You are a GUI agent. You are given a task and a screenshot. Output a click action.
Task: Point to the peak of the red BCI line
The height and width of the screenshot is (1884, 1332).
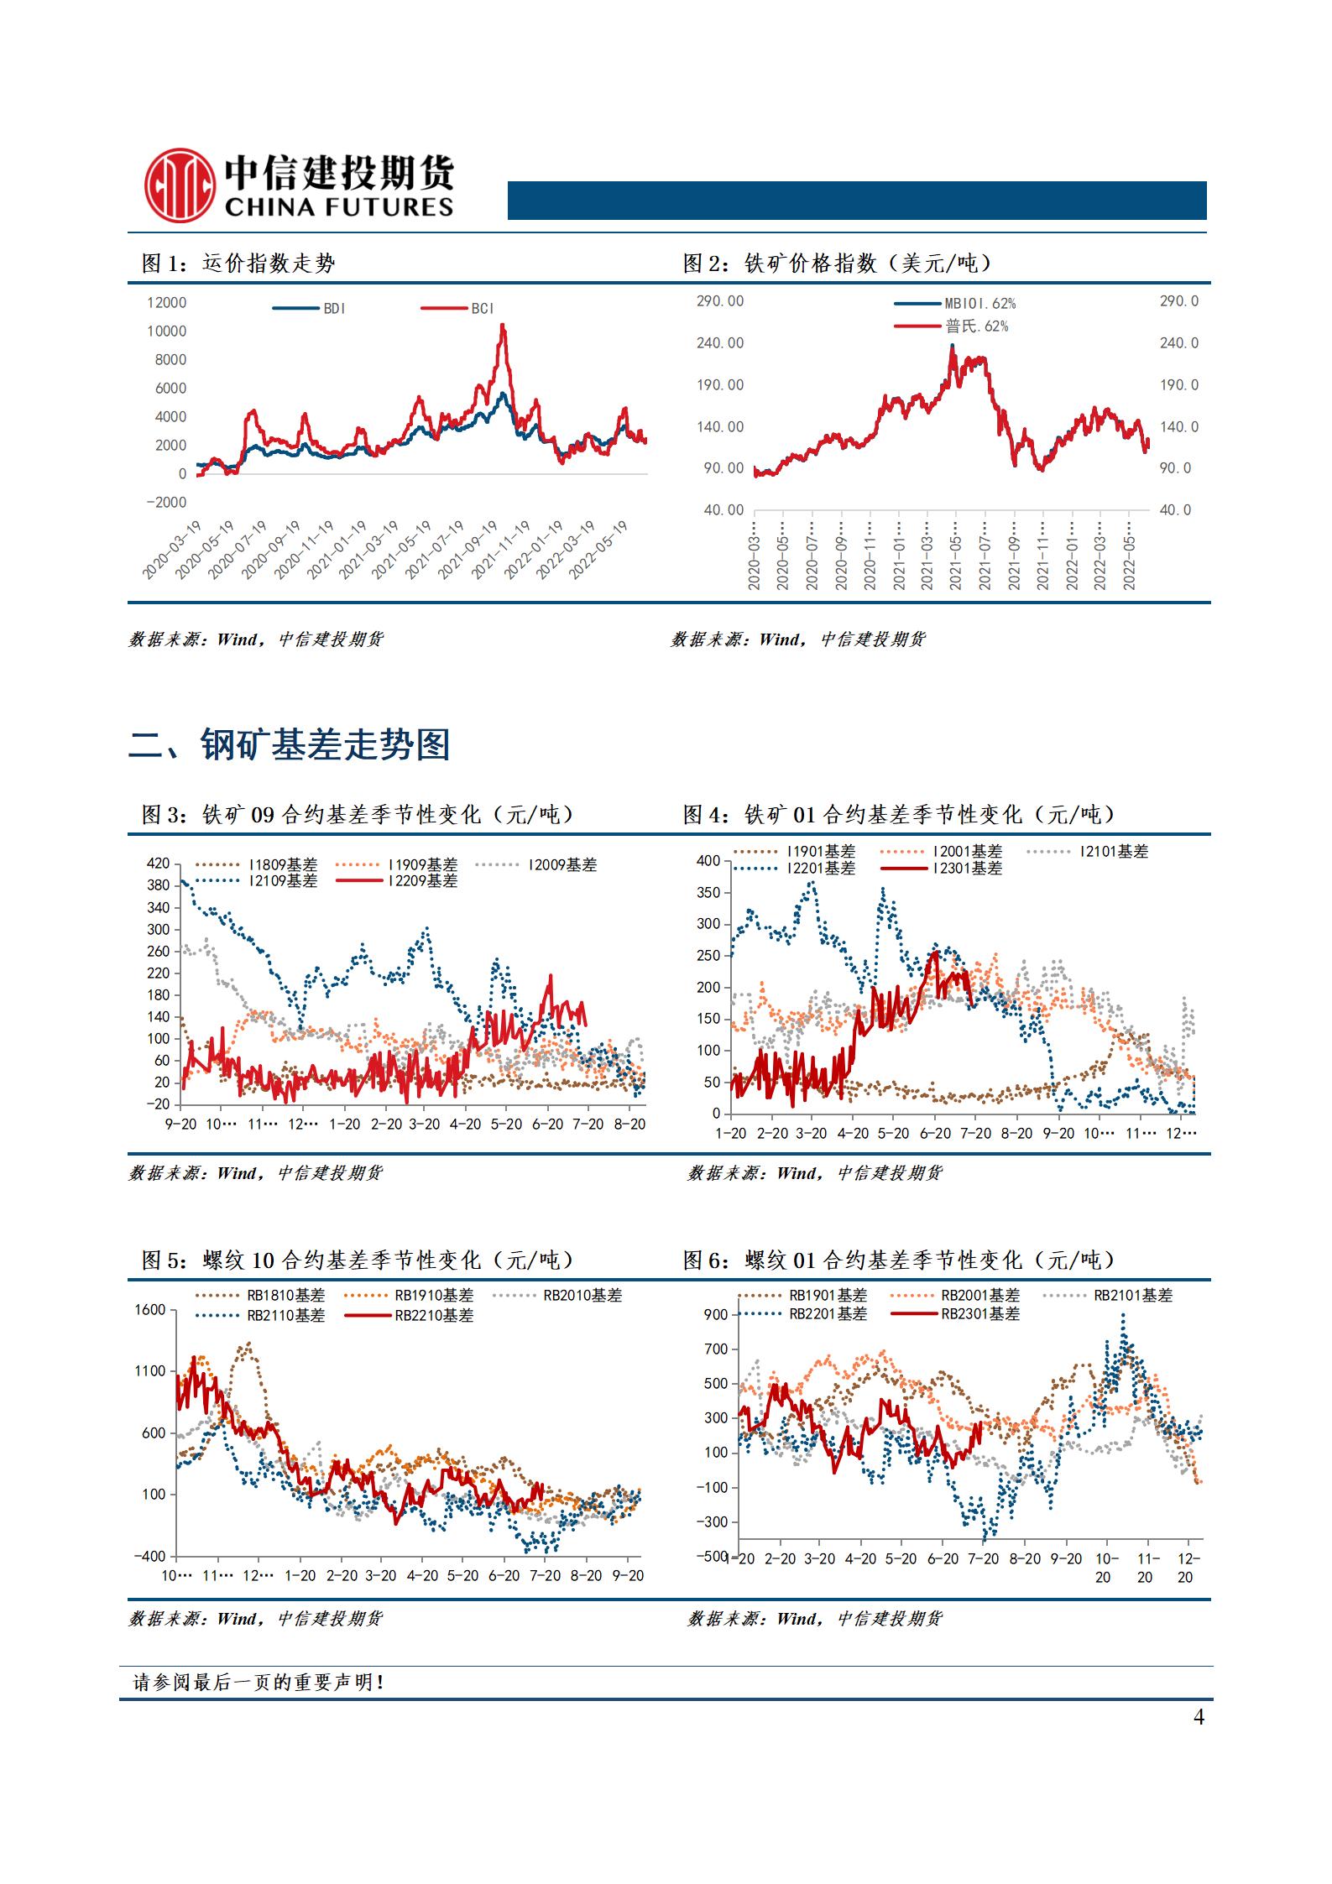click(503, 326)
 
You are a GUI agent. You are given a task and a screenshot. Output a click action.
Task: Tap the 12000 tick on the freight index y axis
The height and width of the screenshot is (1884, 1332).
click(166, 302)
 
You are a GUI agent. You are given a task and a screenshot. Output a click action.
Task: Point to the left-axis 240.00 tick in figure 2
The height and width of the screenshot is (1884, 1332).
click(719, 342)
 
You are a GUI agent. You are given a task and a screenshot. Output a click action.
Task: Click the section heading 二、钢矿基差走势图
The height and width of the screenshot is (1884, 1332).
click(290, 744)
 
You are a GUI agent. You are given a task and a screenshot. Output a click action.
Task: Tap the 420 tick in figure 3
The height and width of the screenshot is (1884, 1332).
click(159, 864)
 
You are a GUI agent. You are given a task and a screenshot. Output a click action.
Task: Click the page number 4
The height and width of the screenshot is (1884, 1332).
click(1199, 1717)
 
